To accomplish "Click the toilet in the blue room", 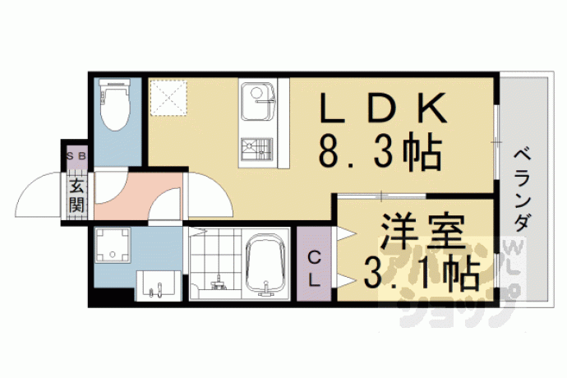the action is pyautogui.click(x=116, y=105).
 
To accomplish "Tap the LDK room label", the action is pyautogui.click(x=383, y=107).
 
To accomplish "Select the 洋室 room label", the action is pyautogui.click(x=422, y=232).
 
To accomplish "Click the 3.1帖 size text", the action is pyautogui.click(x=421, y=272).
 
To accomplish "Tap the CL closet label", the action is pyautogui.click(x=314, y=269).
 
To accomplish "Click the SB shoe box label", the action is pyautogui.click(x=76, y=156).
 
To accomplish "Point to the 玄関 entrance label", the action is pyautogui.click(x=77, y=196).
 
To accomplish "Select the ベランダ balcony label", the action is pyautogui.click(x=523, y=189).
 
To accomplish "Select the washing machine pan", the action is pyautogui.click(x=113, y=245).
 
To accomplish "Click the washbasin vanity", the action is pyautogui.click(x=159, y=286).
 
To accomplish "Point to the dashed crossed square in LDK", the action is pyautogui.click(x=168, y=98).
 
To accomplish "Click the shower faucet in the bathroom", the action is pyautogui.click(x=218, y=283).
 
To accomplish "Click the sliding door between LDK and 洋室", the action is pyautogui.click(x=382, y=196).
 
